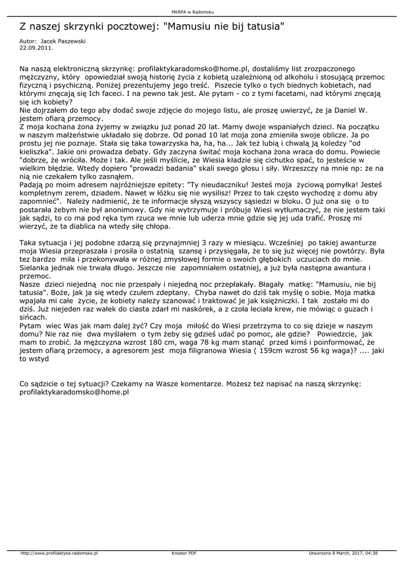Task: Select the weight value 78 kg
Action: [221, 341]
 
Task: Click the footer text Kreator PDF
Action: [184, 553]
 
